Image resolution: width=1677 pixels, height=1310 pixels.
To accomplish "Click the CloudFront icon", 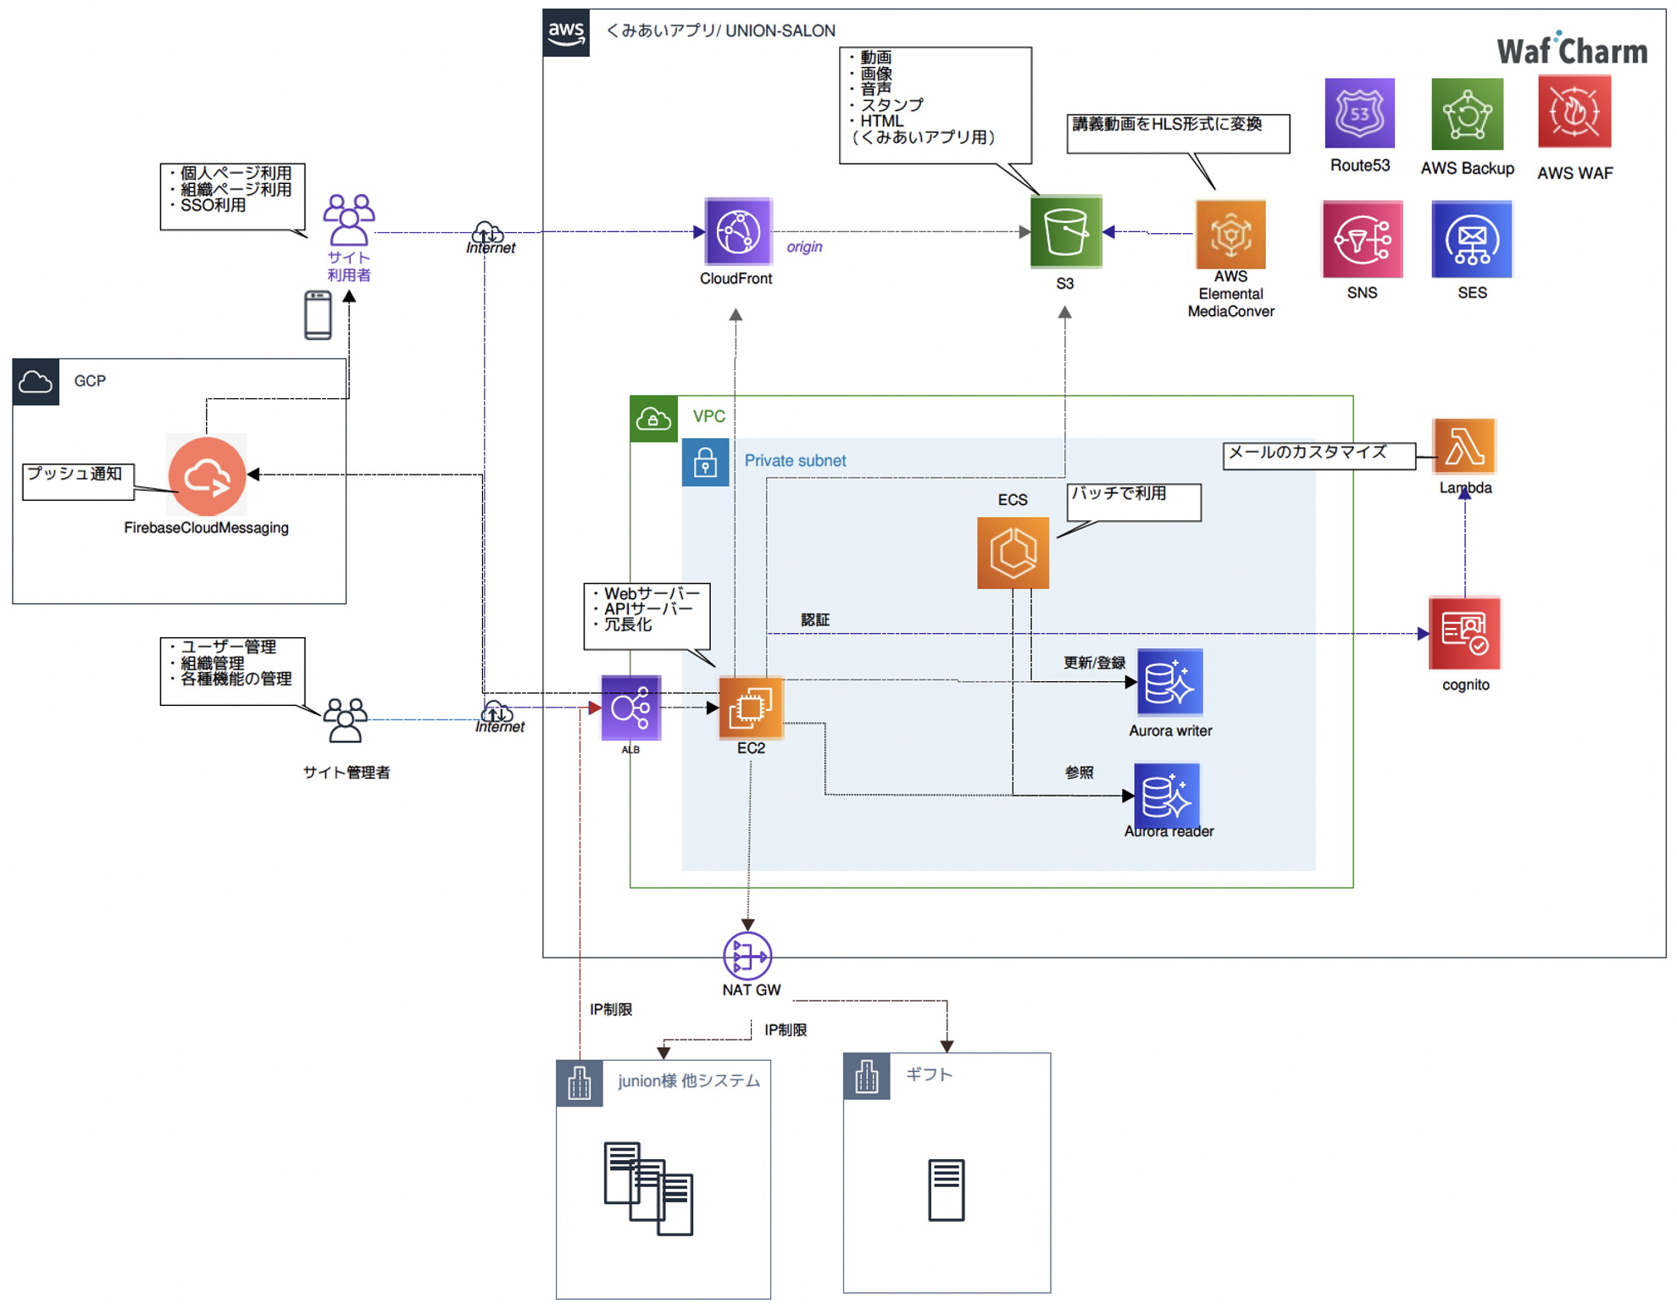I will click(x=737, y=231).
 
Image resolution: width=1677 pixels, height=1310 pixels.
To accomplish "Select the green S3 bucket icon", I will click(x=1065, y=231).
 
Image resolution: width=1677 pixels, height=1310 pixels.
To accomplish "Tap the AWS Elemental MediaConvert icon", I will click(x=1230, y=234).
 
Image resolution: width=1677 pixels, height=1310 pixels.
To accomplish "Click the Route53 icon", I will click(x=1359, y=114).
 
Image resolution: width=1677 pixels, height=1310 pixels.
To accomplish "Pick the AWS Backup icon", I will click(x=1467, y=114).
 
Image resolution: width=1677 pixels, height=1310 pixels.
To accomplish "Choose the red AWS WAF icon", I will click(x=1574, y=112).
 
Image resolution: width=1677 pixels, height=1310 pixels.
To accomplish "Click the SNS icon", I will click(x=1362, y=240).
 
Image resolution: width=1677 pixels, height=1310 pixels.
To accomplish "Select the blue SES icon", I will click(x=1471, y=240).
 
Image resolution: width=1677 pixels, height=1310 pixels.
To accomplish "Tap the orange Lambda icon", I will click(x=1463, y=447).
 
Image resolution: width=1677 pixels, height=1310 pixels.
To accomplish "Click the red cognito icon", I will click(x=1464, y=633).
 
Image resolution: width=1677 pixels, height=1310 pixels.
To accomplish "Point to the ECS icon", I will click(x=1013, y=553).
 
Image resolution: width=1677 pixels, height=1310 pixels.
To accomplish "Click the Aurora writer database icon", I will click(x=1169, y=682).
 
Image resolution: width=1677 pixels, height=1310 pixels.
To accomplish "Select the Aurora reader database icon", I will click(x=1166, y=795).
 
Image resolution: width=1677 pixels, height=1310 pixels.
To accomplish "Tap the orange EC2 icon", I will click(x=751, y=707).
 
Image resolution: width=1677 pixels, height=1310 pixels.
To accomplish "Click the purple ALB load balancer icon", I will click(x=630, y=708).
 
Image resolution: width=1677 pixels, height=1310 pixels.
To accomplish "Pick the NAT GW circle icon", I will click(x=747, y=956).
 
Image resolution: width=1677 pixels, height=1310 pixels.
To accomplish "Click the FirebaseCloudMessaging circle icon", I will click(x=207, y=476).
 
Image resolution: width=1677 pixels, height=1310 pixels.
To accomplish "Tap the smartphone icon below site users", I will click(x=318, y=314).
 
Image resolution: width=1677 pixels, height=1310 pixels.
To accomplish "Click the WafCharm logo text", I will click(x=1572, y=51).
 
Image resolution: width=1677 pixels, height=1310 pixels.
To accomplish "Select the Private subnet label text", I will click(x=795, y=460).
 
